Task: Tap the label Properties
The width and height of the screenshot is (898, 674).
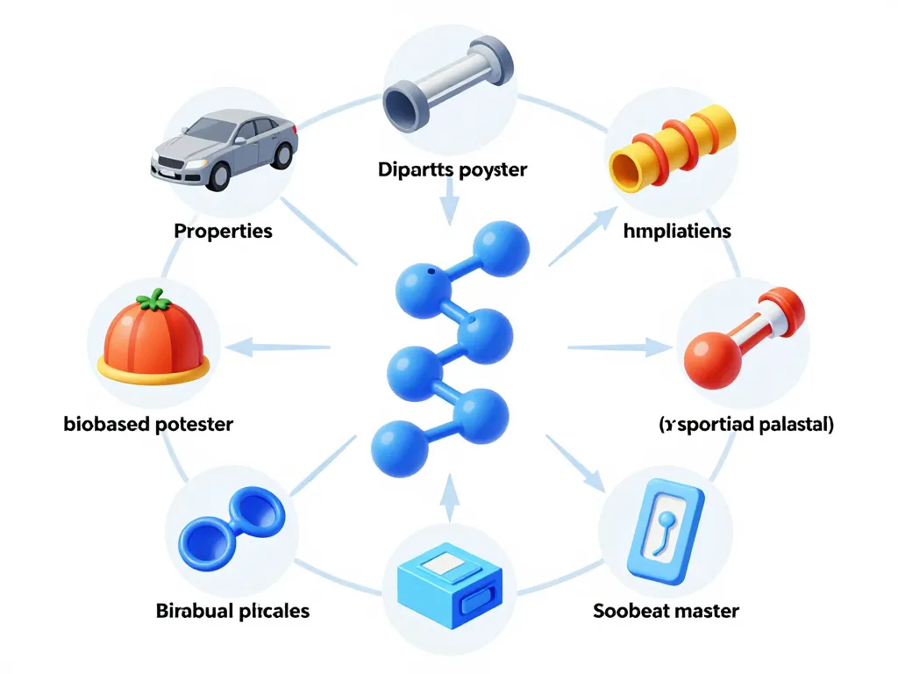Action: pos(223,232)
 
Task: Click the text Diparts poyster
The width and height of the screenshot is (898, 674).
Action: pos(453,169)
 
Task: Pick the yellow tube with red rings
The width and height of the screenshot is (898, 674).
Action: pos(673,149)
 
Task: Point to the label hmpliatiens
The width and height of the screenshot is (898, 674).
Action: pos(677,232)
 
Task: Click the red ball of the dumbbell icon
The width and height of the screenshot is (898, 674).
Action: pos(707,355)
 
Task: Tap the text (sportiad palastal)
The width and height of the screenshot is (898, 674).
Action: pos(746,425)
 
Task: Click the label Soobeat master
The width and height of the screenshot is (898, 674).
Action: pos(666,609)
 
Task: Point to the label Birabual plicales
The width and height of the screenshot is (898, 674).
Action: pos(232,609)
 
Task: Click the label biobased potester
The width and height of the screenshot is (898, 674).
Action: pos(148,425)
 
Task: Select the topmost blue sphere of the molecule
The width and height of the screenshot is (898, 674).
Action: pos(502,248)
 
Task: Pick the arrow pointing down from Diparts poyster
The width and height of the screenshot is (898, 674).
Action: pos(448,205)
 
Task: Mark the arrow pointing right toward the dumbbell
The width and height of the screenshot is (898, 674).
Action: pos(618,348)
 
